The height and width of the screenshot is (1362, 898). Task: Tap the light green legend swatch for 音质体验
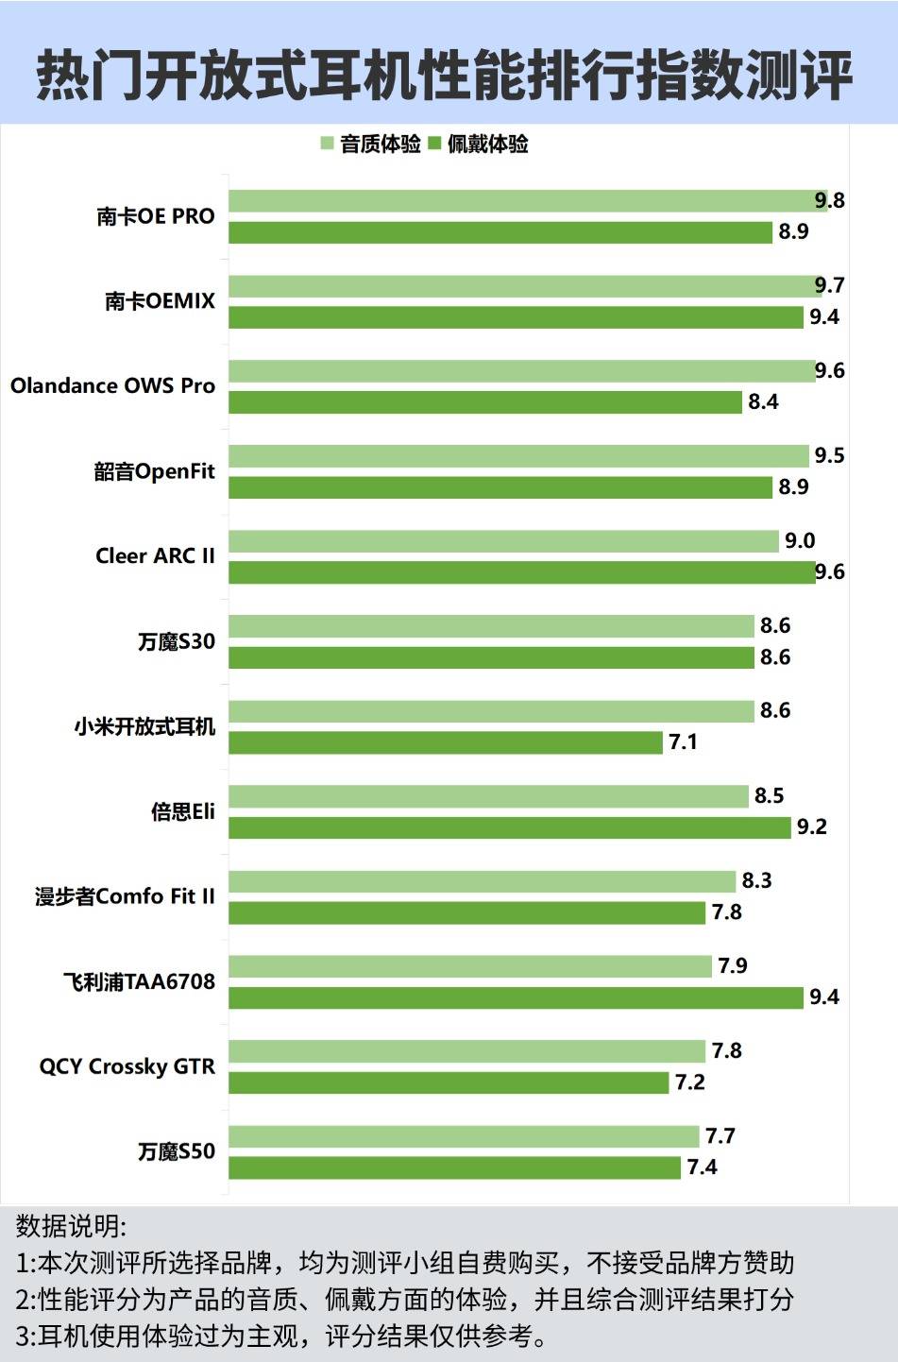tap(327, 144)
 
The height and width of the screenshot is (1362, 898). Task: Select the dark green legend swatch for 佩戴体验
tap(434, 144)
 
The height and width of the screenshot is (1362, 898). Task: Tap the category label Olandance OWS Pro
tap(112, 386)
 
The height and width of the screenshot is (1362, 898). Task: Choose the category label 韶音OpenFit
tap(154, 471)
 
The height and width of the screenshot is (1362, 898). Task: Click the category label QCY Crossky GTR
tap(127, 1066)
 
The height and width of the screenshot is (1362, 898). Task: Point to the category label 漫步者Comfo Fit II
tap(125, 896)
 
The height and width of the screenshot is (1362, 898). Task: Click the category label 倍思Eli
tap(182, 811)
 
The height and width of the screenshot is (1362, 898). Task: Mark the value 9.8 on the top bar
tap(830, 200)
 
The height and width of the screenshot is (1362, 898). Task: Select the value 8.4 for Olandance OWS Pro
tap(763, 402)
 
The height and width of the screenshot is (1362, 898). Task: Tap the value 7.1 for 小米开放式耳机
tap(683, 742)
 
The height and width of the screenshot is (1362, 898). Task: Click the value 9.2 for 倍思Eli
tap(812, 827)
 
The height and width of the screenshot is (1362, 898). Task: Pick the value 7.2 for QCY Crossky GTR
tap(689, 1082)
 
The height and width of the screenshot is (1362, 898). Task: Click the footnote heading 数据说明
tap(71, 1226)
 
